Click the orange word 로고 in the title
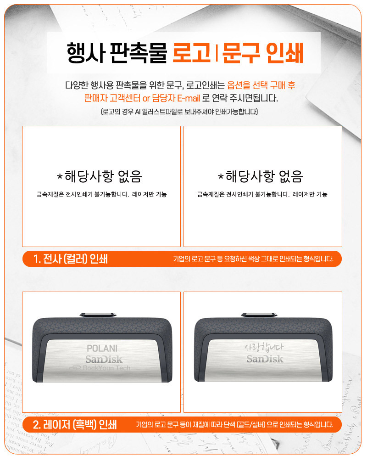click(191, 53)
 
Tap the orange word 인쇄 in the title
click(284, 53)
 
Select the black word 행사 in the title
click(86, 53)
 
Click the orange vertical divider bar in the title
click(217, 53)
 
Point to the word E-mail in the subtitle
click(188, 98)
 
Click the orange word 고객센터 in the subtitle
click(125, 98)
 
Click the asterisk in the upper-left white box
click(60, 176)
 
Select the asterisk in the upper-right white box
click(221, 176)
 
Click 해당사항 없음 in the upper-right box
click(264, 176)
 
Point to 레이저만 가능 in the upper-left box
click(150, 194)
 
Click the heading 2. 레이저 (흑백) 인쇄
click(75, 425)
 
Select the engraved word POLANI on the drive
click(102, 349)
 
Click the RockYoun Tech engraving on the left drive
click(100, 368)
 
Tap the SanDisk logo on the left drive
click(104, 360)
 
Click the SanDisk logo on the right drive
click(265, 359)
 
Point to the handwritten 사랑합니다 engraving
click(264, 347)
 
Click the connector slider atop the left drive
click(98, 315)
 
